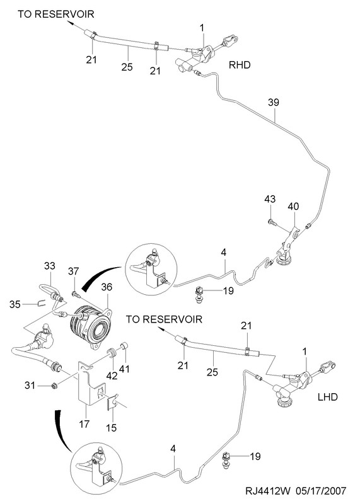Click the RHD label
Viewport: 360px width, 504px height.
[x=240, y=65]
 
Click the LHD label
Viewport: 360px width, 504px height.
[x=328, y=397]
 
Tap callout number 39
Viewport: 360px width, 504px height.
[x=274, y=103]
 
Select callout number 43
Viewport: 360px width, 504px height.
[x=270, y=199]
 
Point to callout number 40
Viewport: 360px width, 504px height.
[x=293, y=206]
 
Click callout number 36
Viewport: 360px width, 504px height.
[x=107, y=287]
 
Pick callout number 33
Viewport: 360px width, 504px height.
[x=50, y=266]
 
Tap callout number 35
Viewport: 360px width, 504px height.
[x=15, y=304]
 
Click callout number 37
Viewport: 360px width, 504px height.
[x=73, y=272]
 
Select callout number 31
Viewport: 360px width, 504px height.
[x=30, y=385]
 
